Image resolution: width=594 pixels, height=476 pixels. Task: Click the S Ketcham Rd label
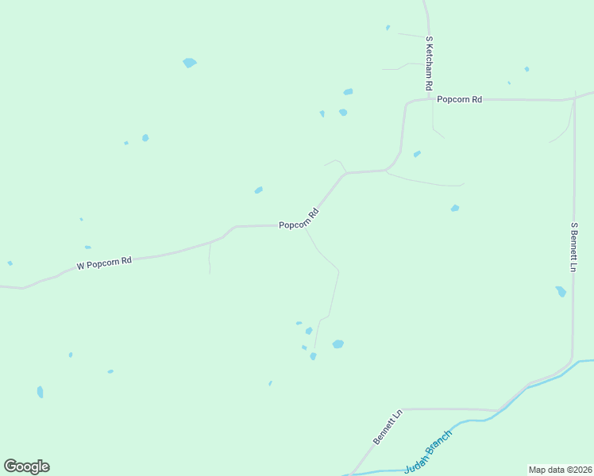(429, 63)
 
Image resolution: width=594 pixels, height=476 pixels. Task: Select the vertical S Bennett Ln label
(573, 247)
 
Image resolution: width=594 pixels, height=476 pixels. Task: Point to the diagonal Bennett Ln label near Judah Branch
(388, 427)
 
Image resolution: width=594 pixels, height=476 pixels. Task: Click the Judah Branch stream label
(428, 452)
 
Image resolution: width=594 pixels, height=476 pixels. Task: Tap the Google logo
(26, 466)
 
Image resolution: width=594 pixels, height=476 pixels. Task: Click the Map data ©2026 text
(560, 469)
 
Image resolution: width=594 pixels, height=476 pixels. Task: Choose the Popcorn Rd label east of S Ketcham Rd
(459, 99)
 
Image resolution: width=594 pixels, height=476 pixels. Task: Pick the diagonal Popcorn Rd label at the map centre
(299, 219)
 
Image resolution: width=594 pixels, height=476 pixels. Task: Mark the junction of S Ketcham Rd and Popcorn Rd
(429, 100)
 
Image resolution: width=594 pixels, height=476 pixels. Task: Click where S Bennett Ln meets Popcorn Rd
(573, 100)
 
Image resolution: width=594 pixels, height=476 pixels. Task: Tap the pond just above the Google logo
(40, 392)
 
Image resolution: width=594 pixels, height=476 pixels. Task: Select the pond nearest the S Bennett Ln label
(561, 291)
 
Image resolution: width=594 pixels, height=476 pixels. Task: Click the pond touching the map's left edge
(10, 263)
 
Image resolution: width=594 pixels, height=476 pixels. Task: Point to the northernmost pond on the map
(388, 28)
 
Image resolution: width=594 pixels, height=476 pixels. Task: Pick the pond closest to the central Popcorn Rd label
(258, 190)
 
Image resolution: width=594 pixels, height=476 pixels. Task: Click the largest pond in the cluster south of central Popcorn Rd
(337, 344)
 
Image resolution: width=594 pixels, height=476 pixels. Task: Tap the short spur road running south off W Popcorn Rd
(210, 259)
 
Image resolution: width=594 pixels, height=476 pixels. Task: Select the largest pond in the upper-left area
(189, 63)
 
